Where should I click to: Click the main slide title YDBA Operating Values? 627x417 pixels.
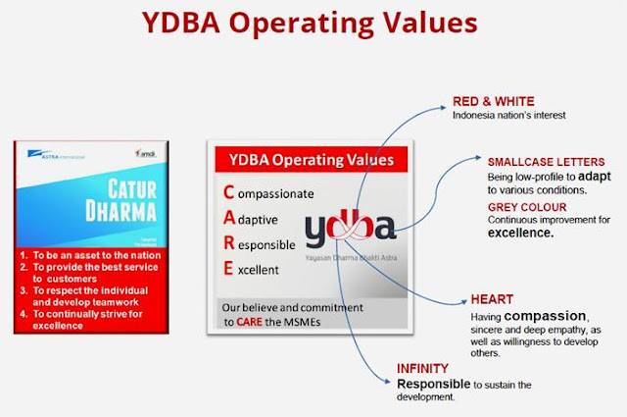click(x=313, y=23)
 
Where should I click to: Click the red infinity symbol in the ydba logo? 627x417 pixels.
click(x=361, y=229)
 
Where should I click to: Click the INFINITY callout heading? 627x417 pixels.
click(x=421, y=369)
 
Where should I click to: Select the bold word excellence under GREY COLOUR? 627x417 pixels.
click(x=522, y=235)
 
